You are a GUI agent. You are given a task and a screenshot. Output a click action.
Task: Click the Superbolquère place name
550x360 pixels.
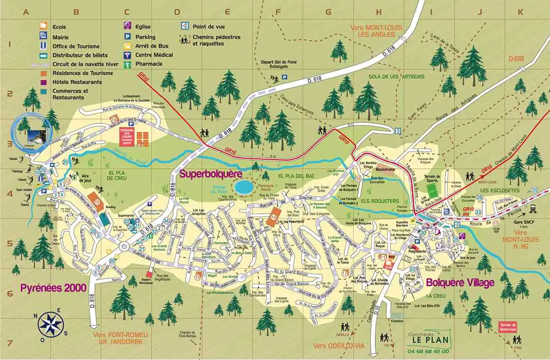(210, 174)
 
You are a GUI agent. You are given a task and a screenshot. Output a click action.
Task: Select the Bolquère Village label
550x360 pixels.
(460, 282)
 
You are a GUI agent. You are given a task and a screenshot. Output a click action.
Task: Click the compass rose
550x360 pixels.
(50, 323)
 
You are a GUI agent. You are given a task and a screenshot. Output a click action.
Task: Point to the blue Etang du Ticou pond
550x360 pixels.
(242, 187)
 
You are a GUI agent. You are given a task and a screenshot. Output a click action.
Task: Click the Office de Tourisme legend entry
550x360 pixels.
(71, 45)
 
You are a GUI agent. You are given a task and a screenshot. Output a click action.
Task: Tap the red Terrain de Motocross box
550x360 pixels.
(507, 327)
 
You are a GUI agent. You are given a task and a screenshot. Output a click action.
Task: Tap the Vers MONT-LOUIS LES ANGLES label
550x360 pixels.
(376, 31)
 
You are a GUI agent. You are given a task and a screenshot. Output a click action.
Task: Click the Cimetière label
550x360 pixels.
(398, 322)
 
